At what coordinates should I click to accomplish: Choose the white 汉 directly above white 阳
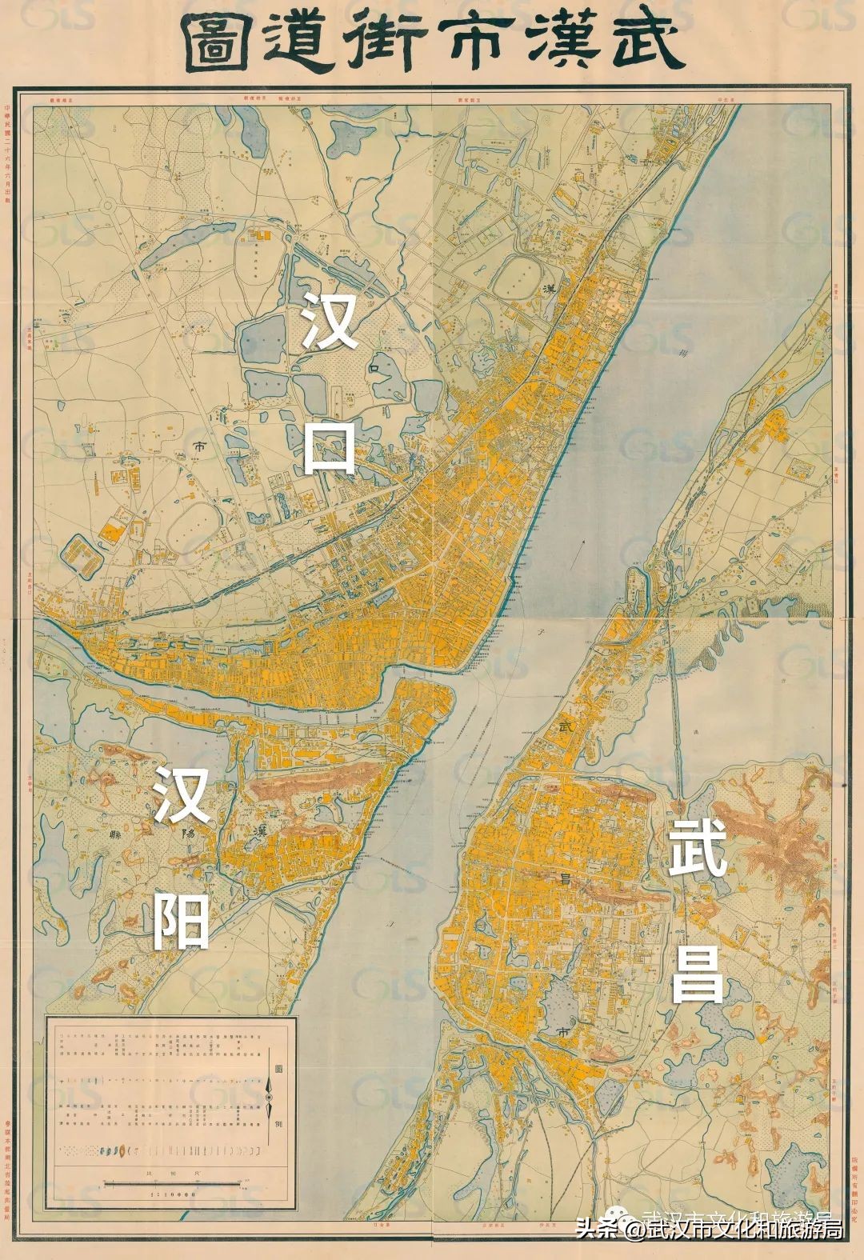(x=182, y=796)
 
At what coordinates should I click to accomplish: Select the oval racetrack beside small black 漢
(x=517, y=278)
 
